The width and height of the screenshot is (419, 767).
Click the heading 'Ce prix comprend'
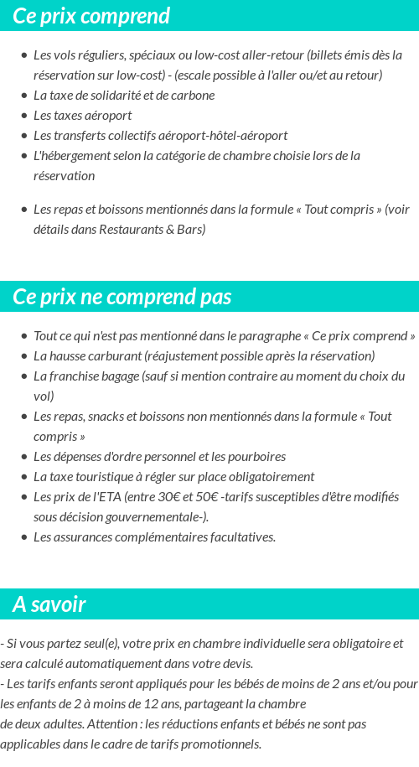click(91, 16)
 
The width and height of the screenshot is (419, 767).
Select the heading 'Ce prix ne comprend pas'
click(122, 297)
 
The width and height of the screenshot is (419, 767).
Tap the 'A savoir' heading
click(49, 604)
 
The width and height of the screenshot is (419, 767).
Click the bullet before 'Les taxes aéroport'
click(24, 116)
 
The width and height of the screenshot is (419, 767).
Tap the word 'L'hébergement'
click(69, 155)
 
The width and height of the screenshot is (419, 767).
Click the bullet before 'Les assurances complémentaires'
click(24, 537)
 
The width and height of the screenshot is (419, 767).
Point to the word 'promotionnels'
click(220, 744)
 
